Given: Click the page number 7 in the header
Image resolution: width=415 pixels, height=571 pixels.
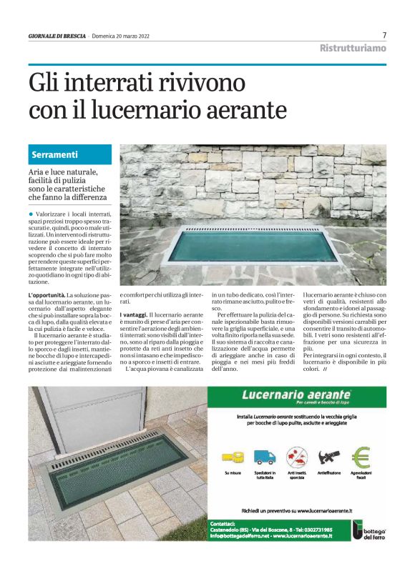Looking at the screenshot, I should click(384, 35).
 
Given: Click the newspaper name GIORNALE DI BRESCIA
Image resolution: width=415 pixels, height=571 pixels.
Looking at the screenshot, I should click(57, 36).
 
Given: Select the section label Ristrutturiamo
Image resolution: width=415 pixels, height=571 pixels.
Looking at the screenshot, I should click(352, 48).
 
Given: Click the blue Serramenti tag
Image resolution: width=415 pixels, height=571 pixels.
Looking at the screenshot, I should click(55, 154).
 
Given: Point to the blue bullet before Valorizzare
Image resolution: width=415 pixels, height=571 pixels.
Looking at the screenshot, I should click(31, 214).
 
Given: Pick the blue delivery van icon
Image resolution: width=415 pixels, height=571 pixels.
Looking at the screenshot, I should click(264, 456).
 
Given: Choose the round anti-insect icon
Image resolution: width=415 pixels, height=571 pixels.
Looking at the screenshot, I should click(296, 455).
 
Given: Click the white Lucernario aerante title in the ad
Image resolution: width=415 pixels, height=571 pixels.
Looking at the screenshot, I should click(296, 394).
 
